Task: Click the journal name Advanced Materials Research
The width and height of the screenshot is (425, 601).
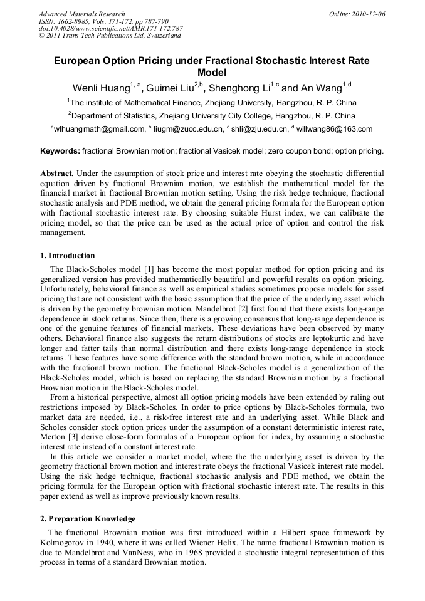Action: (82, 14)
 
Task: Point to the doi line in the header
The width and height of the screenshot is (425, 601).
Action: (110, 28)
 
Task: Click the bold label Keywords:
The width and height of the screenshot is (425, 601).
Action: (60, 151)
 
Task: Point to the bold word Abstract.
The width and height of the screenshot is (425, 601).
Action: (57, 173)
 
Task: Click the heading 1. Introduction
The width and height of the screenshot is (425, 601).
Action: (67, 256)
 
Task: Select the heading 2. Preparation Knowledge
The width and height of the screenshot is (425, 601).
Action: (88, 519)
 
